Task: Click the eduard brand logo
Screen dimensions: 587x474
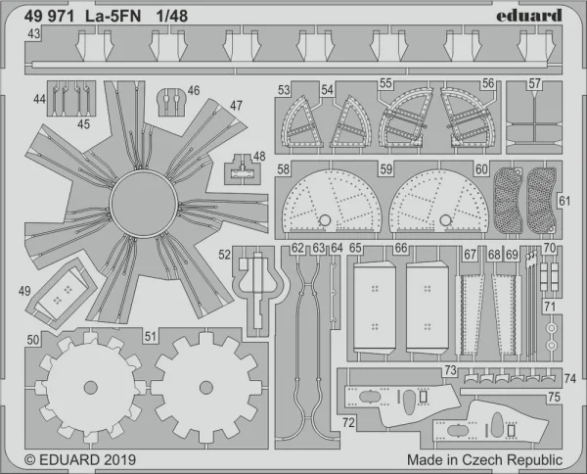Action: pyautogui.click(x=529, y=16)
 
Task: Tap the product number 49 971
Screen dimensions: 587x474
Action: pyautogui.click(x=49, y=16)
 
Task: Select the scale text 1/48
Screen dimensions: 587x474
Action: pyautogui.click(x=172, y=16)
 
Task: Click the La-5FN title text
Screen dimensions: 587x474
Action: pyautogui.click(x=113, y=16)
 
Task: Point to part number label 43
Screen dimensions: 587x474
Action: pyautogui.click(x=33, y=33)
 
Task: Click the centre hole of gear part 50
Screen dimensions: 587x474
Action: pyautogui.click(x=91, y=388)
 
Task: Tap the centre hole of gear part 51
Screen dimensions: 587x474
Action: pyautogui.click(x=206, y=388)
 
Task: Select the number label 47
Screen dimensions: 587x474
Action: pyautogui.click(x=236, y=106)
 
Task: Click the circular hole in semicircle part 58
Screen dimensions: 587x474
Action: pyautogui.click(x=325, y=220)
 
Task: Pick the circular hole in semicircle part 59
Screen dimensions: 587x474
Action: pyautogui.click(x=446, y=220)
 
